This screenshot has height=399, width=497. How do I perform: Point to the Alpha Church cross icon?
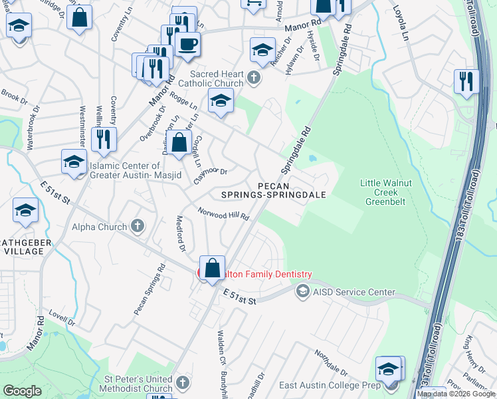[x=138, y=226]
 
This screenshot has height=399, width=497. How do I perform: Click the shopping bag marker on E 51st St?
[x=212, y=269]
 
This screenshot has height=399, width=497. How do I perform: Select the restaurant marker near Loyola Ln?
[x=466, y=82]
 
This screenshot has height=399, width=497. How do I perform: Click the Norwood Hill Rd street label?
[x=223, y=213]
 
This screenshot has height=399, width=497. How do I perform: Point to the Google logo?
[x=22, y=391]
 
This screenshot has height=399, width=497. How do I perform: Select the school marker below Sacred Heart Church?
[x=221, y=102]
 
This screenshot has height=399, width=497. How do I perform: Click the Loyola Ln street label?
[x=400, y=23]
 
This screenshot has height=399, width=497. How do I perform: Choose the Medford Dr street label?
[x=179, y=234]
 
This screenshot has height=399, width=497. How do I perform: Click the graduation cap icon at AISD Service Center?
[x=303, y=291]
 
